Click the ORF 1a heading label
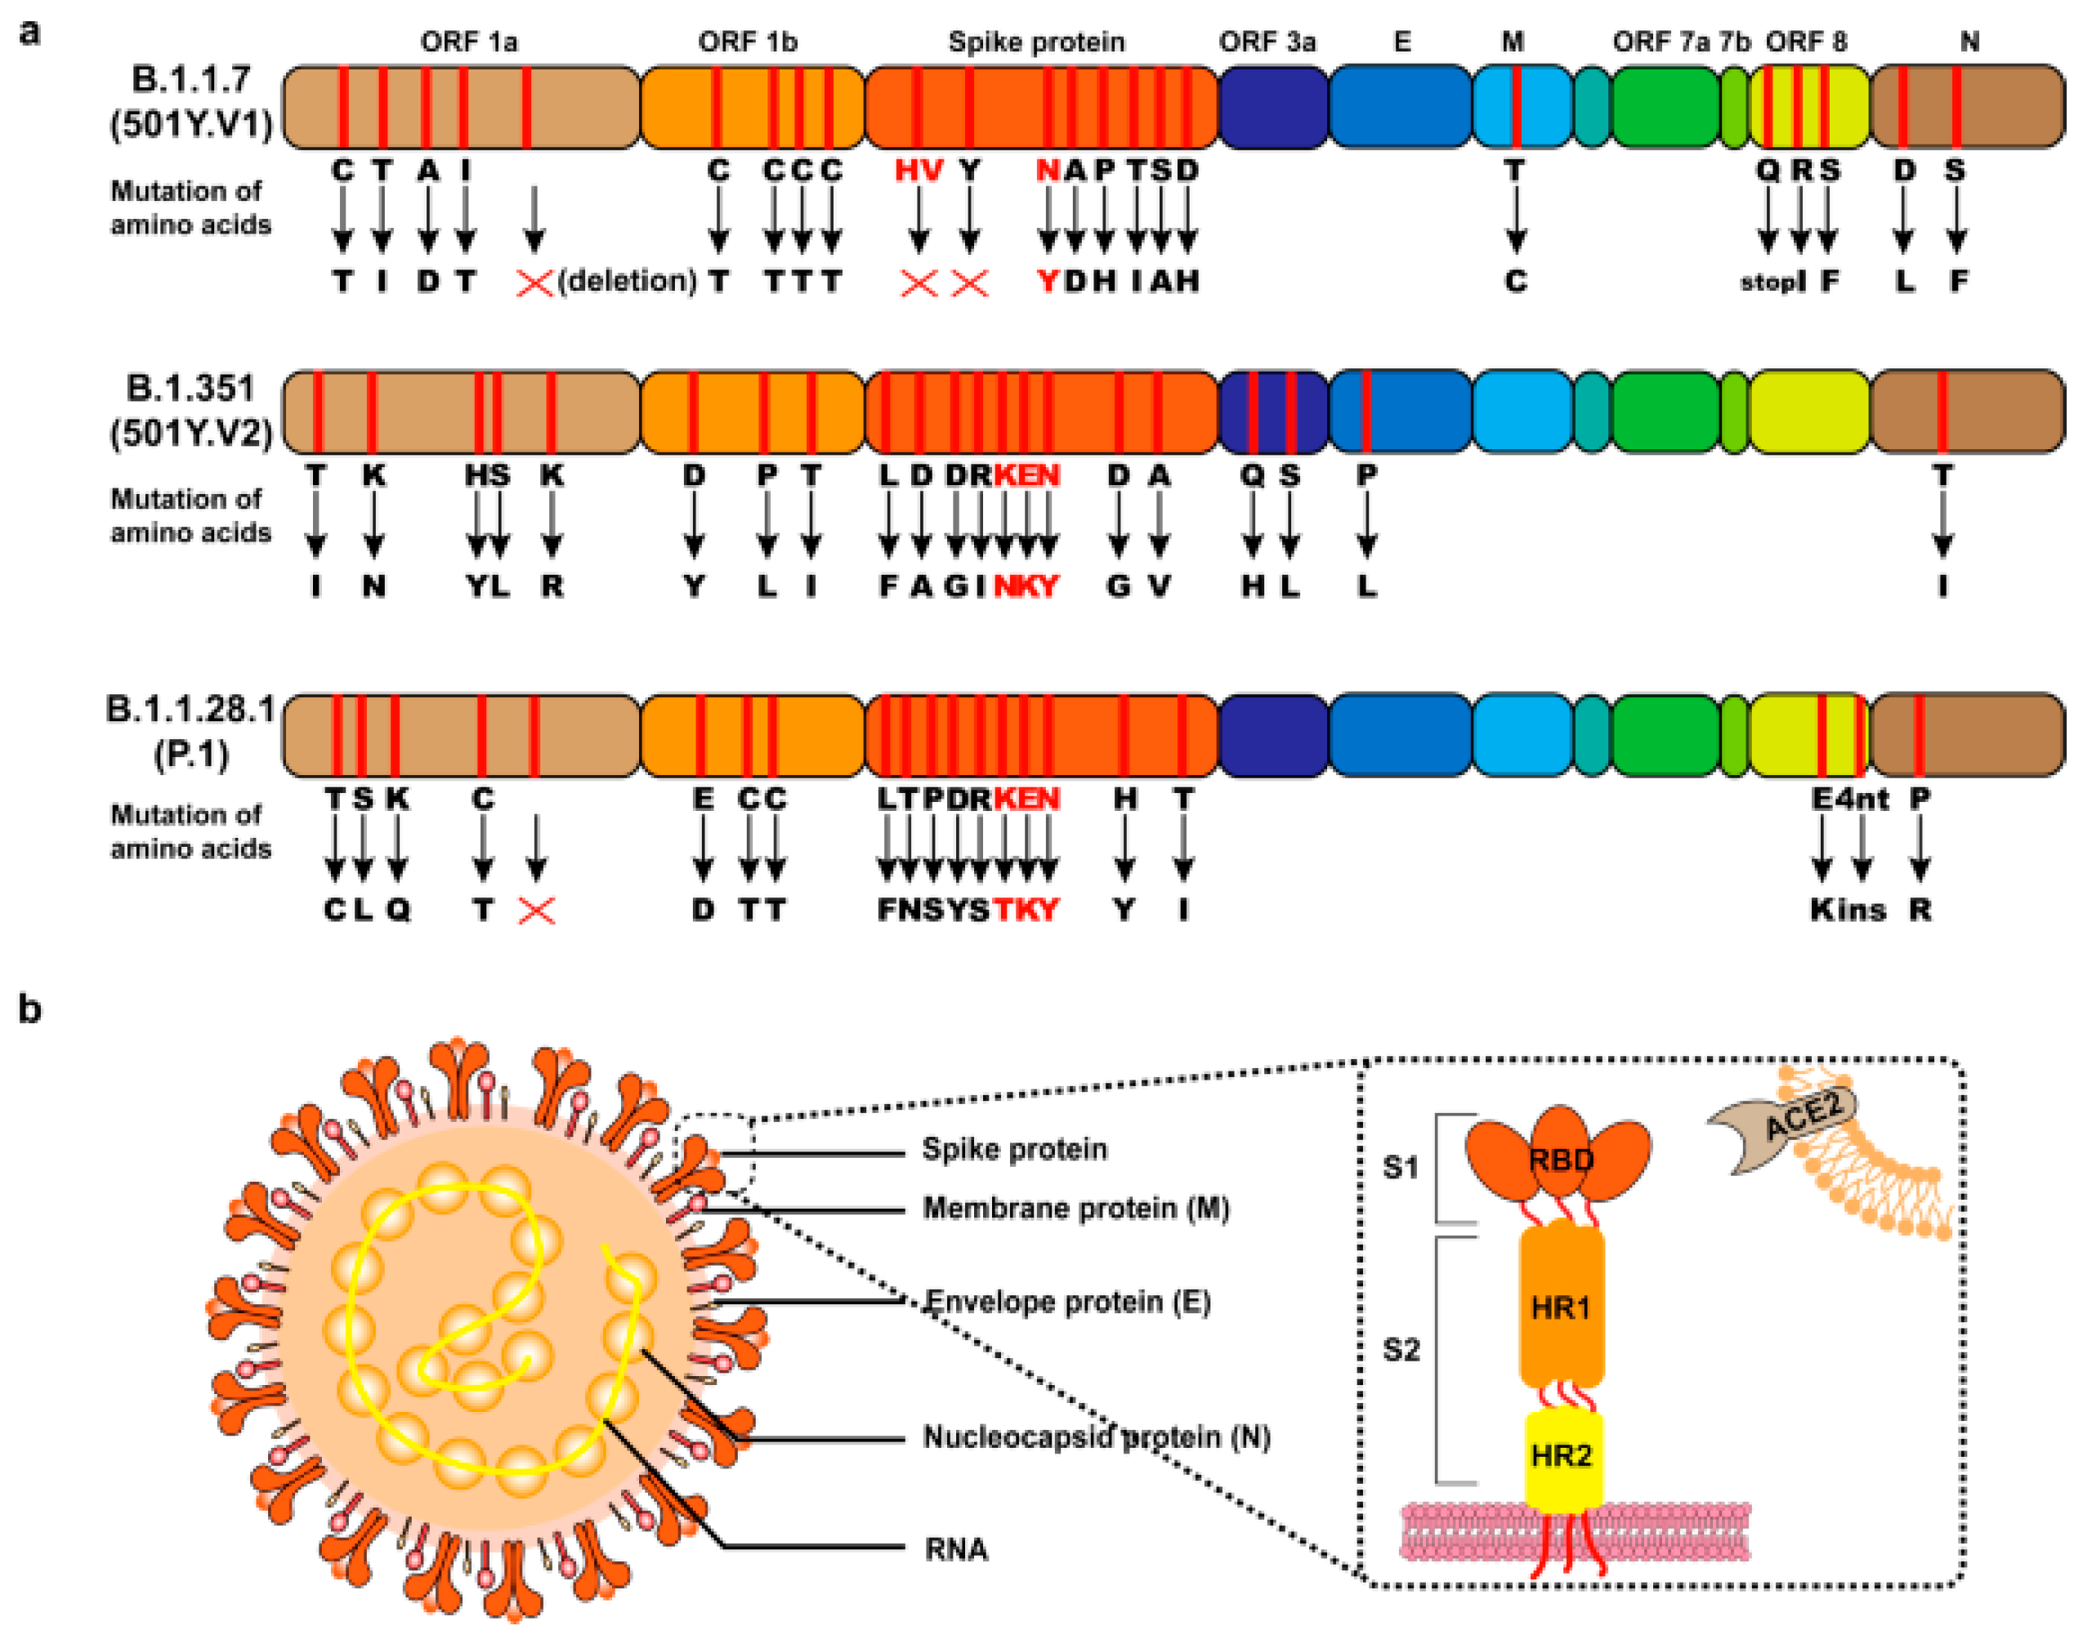point(468,42)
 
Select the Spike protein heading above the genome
point(1035,42)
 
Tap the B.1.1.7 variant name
point(190,79)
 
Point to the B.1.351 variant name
point(190,388)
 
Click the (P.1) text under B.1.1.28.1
point(191,753)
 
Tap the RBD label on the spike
point(1560,1159)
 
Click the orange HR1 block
point(1561,1307)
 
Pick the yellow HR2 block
point(1561,1455)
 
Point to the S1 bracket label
point(1401,1168)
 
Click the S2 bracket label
point(1401,1349)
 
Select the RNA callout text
point(955,1548)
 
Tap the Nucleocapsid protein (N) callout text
point(1096,1436)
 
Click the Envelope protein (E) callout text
point(1066,1302)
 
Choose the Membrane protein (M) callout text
point(1075,1208)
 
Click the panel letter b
point(30,1009)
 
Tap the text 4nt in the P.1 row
point(1862,799)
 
